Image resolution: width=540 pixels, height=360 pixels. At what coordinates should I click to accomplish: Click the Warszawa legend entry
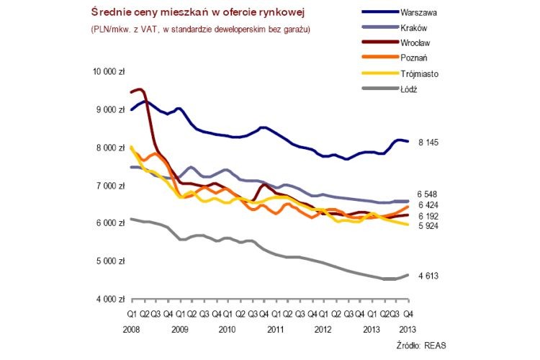pos(419,12)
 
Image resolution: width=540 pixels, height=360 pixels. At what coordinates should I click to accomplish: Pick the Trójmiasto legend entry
pos(420,73)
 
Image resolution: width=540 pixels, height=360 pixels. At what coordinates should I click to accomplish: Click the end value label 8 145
pos(428,143)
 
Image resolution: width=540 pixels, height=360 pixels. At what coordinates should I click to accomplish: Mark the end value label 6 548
pos(428,194)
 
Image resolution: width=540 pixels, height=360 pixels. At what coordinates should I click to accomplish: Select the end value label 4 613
pos(428,276)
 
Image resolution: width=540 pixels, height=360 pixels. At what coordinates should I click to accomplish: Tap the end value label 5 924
pos(428,226)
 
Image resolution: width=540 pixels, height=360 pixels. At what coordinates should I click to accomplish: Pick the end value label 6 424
pos(428,205)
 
